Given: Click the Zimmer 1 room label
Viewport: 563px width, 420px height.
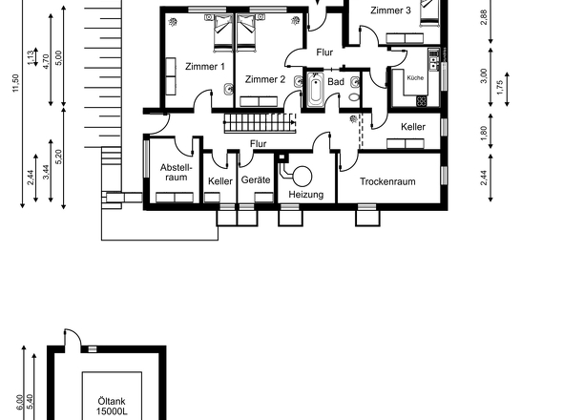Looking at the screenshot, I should [x=205, y=67].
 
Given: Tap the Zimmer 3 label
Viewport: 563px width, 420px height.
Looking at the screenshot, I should [x=391, y=10].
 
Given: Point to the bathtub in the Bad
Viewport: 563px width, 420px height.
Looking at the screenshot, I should [x=315, y=93].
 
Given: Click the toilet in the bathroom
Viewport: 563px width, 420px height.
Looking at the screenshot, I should [x=354, y=93].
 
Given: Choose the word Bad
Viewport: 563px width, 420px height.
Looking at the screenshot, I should [x=336, y=82].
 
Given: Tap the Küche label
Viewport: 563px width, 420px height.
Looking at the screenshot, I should [x=415, y=76].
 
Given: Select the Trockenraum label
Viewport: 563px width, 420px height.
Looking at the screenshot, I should [x=387, y=181].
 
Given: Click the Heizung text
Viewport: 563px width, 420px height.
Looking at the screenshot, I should [x=305, y=195].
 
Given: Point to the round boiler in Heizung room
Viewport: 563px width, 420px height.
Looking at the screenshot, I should [x=303, y=175].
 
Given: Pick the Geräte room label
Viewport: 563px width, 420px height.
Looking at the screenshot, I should [x=257, y=180].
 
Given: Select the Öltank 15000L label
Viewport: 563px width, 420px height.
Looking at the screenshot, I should [x=111, y=407].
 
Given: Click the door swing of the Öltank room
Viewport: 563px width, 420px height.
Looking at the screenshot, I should [x=73, y=339].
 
